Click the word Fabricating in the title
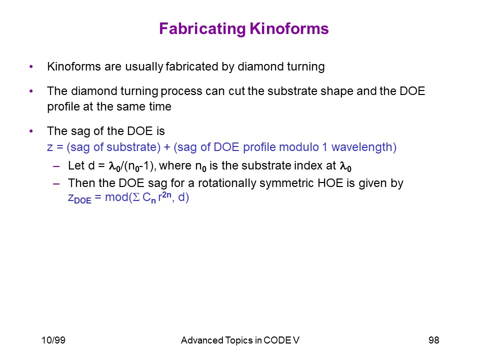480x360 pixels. (202, 29)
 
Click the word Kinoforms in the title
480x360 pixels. (289, 28)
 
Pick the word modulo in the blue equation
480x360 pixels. (299, 147)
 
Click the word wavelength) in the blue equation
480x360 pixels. (364, 147)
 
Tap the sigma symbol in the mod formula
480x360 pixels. (136, 197)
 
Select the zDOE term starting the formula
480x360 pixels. (79, 198)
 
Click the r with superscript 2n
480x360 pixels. (164, 197)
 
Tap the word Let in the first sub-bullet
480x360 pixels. (76, 165)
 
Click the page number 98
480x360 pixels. (434, 340)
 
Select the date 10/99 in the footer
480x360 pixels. (53, 340)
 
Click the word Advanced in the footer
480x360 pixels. (201, 340)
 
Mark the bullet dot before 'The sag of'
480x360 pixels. (31, 131)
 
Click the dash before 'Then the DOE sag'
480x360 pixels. (56, 183)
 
